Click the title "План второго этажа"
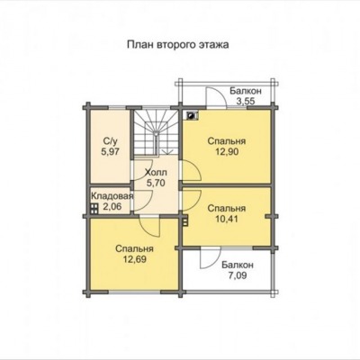(x=178, y=45)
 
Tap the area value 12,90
(x=227, y=152)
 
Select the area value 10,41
(x=227, y=219)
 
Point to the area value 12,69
(x=135, y=259)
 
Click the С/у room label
(x=110, y=140)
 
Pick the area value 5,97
(x=110, y=151)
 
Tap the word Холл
(x=156, y=173)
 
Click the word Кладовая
(x=112, y=196)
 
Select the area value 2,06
(x=112, y=206)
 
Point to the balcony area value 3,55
(x=246, y=101)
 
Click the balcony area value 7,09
(x=238, y=275)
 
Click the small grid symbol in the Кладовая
(x=94, y=209)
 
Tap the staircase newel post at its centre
(x=156, y=134)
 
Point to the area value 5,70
(x=156, y=183)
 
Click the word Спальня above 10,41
(x=227, y=208)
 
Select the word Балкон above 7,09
(x=238, y=265)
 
